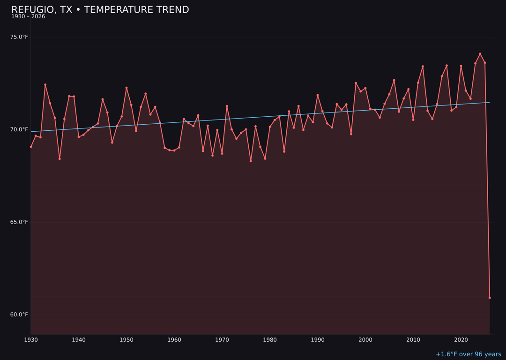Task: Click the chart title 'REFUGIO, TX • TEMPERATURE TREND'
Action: pyautogui.click(x=100, y=10)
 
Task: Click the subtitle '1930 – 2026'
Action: pyautogui.click(x=28, y=17)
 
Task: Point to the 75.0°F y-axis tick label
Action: pyautogui.click(x=19, y=37)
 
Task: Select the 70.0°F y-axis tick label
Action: pyautogui.click(x=19, y=129)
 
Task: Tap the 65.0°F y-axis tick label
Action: pyautogui.click(x=19, y=222)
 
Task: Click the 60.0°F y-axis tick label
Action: pyautogui.click(x=19, y=315)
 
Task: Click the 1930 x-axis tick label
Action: pyautogui.click(x=31, y=340)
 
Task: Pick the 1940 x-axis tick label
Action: pyautogui.click(x=79, y=340)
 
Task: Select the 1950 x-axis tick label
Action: pyautogui.click(x=126, y=340)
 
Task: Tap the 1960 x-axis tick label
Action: pyautogui.click(x=174, y=340)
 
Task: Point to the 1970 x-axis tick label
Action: pyautogui.click(x=222, y=340)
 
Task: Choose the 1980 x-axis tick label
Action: pyautogui.click(x=270, y=340)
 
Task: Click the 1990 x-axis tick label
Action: pyautogui.click(x=318, y=340)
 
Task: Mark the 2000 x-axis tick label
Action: pyautogui.click(x=365, y=340)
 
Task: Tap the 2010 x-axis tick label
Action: pyautogui.click(x=413, y=340)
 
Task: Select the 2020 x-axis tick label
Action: pyautogui.click(x=461, y=340)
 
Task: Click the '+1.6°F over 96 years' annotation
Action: pyautogui.click(x=468, y=354)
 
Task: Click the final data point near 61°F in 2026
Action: pyautogui.click(x=490, y=298)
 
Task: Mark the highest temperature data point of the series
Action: pyautogui.click(x=480, y=54)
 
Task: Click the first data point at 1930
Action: pyautogui.click(x=31, y=147)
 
